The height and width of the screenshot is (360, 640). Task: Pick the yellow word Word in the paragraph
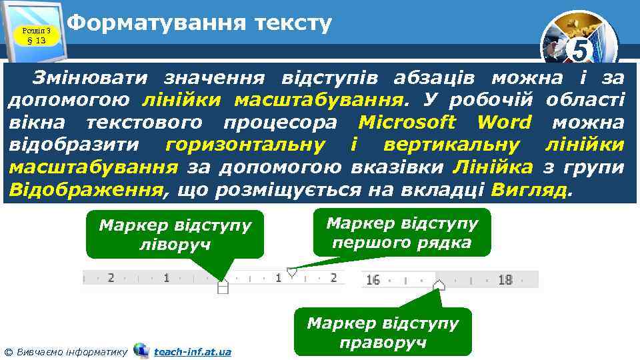[504, 122]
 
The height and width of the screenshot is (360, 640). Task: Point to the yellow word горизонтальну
[245, 144]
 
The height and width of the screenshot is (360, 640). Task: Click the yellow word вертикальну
[445, 144]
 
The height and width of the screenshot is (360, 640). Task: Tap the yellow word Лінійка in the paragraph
[492, 166]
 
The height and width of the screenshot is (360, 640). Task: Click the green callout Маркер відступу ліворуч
[175, 234]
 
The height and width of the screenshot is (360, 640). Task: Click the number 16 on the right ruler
[373, 280]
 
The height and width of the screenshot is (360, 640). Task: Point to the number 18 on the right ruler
[505, 280]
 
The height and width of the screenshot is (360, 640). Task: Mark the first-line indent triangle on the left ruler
[291, 272]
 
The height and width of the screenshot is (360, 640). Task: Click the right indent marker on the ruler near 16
[439, 285]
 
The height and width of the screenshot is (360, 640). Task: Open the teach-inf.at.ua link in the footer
[192, 351]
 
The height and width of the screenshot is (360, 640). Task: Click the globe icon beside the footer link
[141, 350]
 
